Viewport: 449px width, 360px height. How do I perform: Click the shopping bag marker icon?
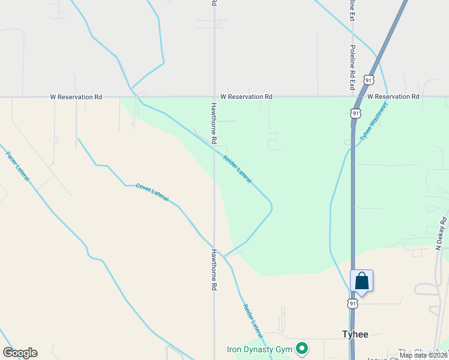pyautogui.click(x=361, y=281)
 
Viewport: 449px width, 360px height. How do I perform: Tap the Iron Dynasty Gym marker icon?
pyautogui.click(x=303, y=349)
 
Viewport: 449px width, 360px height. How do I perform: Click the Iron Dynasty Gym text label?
pyautogui.click(x=259, y=349)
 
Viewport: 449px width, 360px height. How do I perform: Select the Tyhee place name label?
pyautogui.click(x=355, y=334)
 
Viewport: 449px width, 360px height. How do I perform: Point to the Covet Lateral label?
pyautogui.click(x=152, y=192)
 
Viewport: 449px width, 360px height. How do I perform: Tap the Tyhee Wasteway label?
pyautogui.click(x=374, y=121)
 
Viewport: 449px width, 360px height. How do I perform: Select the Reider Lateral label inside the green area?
pyautogui.click(x=237, y=169)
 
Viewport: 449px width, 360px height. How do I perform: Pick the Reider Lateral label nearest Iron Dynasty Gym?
pyautogui.click(x=253, y=320)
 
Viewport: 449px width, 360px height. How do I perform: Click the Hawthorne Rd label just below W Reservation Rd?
pyautogui.click(x=213, y=123)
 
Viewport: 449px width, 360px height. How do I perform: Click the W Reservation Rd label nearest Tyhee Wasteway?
pyautogui.click(x=393, y=97)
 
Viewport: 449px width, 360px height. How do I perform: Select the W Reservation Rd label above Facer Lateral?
pyautogui.click(x=76, y=97)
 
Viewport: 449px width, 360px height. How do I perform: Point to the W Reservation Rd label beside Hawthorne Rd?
pyautogui.click(x=246, y=97)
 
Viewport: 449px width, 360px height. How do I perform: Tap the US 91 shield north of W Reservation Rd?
pyautogui.click(x=369, y=80)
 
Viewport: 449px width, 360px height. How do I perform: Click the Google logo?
pyautogui.click(x=20, y=353)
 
